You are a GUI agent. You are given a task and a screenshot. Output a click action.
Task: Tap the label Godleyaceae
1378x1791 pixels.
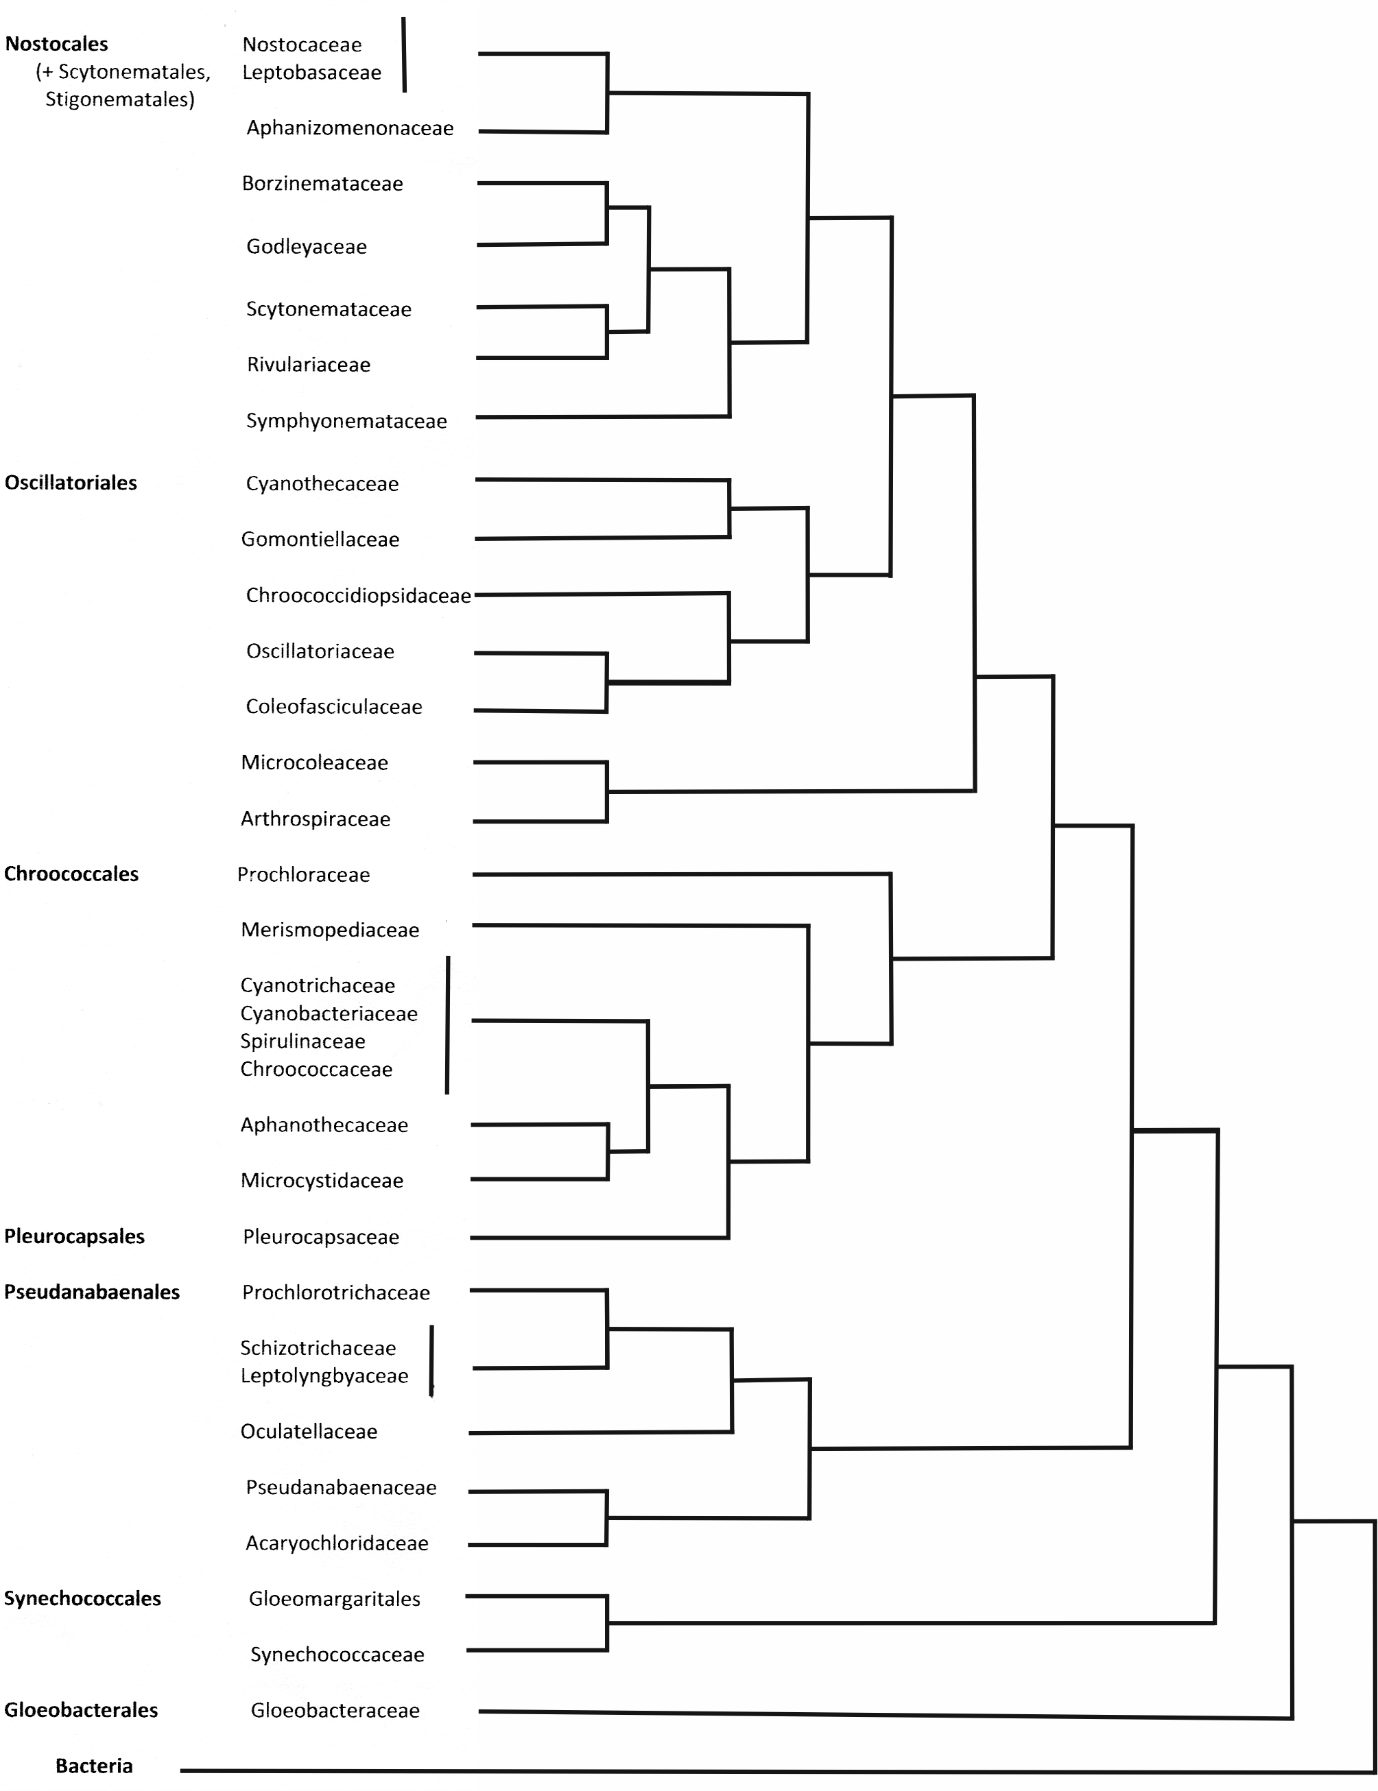306,246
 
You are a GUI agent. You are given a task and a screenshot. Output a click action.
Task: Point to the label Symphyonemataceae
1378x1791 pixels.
346,421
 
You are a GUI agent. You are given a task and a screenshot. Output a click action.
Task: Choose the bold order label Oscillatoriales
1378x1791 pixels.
71,482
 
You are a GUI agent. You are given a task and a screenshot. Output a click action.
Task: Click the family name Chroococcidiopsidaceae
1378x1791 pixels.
359,595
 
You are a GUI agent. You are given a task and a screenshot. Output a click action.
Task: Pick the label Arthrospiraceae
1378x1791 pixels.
315,819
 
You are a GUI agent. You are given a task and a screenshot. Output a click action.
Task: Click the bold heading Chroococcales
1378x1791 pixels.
71,874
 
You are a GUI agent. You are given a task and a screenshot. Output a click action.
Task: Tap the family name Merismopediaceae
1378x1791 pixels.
330,929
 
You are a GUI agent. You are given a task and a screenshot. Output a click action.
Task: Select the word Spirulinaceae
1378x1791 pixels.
302,1041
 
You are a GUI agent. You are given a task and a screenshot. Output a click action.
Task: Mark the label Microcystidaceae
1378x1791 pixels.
322,1180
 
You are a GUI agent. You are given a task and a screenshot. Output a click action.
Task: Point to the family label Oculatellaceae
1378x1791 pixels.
309,1431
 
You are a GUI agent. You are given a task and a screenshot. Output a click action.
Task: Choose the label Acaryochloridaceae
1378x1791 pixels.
337,1543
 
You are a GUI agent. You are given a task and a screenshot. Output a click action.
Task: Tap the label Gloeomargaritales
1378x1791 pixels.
335,1598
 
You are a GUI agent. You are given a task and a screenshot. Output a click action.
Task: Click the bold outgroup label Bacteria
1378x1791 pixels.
95,1766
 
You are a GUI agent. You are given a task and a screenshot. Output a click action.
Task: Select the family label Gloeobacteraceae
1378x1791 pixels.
335,1710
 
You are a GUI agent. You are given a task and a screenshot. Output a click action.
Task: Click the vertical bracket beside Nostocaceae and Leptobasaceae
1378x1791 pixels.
403,55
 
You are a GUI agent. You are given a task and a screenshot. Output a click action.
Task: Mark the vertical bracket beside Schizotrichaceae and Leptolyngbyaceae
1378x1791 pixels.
432,1360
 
